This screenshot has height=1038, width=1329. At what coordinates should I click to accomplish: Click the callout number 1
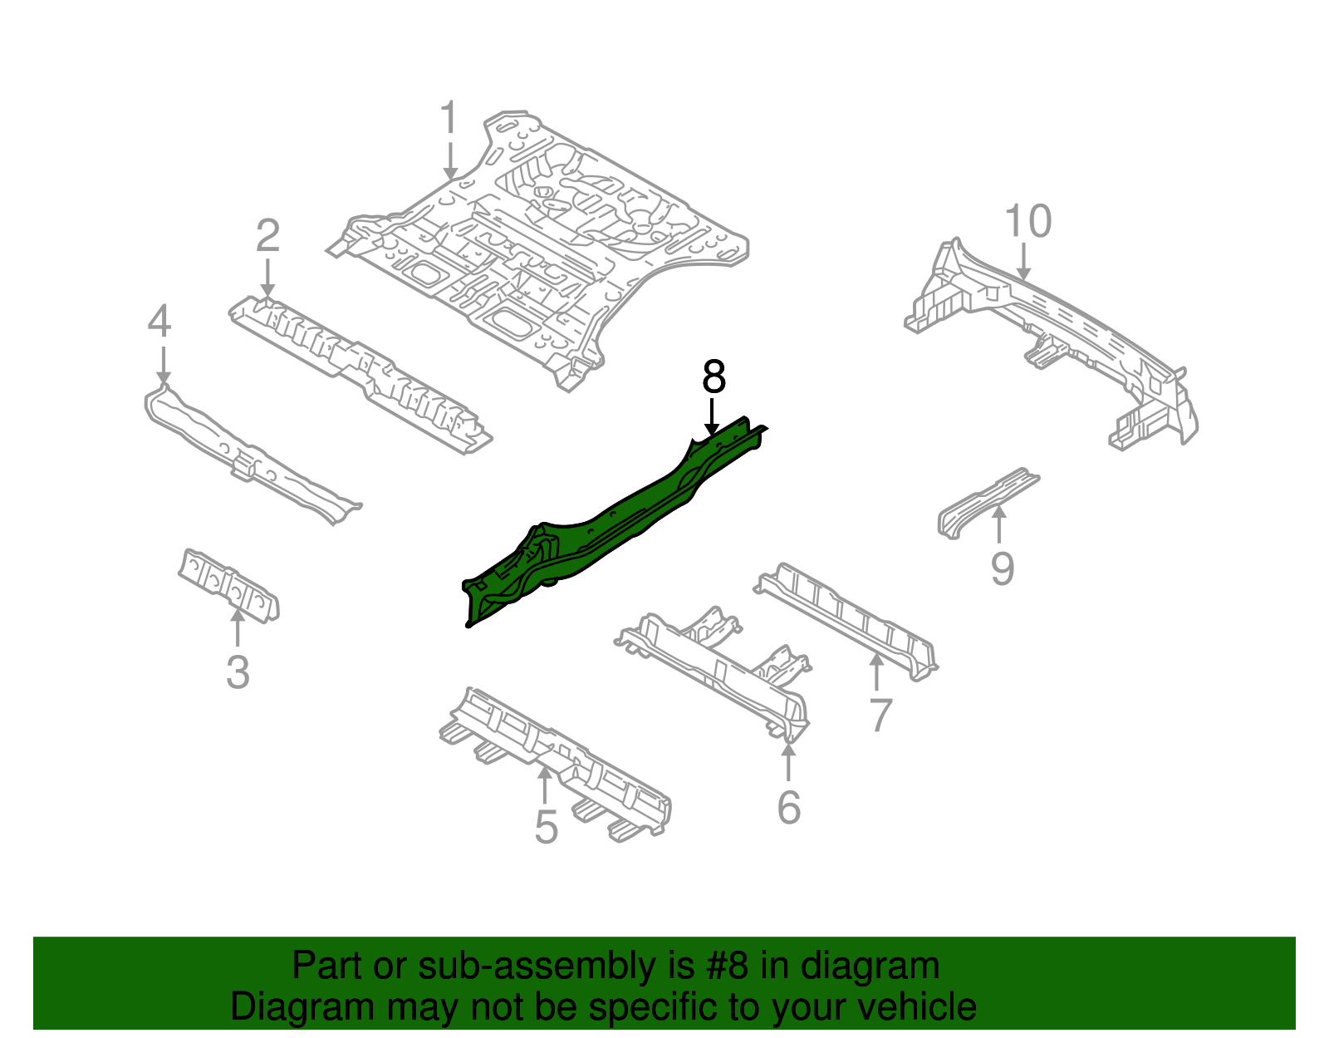tap(449, 118)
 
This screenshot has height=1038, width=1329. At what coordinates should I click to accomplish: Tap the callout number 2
tap(267, 237)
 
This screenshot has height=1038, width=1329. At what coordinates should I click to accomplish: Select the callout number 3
tap(238, 672)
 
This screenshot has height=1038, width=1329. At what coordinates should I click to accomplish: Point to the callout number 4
tap(159, 322)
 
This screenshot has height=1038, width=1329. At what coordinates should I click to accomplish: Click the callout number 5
tap(546, 827)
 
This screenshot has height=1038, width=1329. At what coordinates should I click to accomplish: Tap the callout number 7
tap(880, 715)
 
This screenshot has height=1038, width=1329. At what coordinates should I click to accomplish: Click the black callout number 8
tap(714, 378)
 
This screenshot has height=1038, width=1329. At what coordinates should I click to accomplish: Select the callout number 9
tap(1003, 569)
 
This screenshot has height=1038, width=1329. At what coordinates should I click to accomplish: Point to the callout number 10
tap(1027, 222)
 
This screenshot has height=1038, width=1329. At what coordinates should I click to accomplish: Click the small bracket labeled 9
tap(984, 500)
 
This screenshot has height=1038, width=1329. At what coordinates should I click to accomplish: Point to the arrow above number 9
tap(1000, 524)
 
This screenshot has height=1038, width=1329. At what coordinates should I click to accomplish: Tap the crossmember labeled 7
tap(847, 619)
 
